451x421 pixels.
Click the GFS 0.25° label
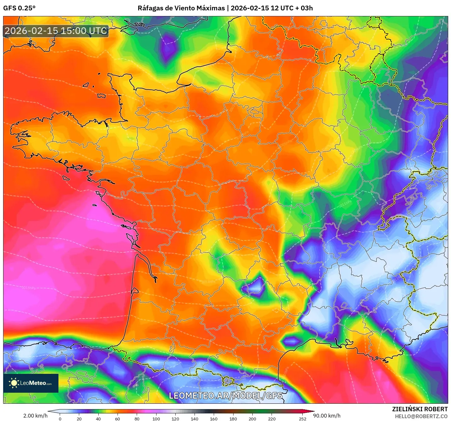(x=19, y=8)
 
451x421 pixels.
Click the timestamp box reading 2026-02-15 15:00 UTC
(x=56, y=31)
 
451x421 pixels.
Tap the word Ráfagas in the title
(x=149, y=8)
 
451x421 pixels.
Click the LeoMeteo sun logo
(x=14, y=383)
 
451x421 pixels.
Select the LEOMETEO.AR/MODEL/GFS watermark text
(x=225, y=396)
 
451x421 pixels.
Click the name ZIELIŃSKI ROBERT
(x=420, y=409)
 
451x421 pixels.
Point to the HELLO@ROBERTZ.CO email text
(x=421, y=416)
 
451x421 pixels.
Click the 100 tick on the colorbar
(x=156, y=418)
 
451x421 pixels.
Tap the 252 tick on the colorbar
(x=302, y=418)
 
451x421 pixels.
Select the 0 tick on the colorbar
(x=60, y=418)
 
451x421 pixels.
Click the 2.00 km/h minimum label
(x=35, y=416)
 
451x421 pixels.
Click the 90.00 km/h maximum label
(x=327, y=416)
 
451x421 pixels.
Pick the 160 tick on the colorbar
(x=214, y=418)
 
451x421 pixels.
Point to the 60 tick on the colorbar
(x=118, y=418)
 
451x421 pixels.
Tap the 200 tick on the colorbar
(x=252, y=418)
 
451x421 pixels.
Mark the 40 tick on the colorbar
(x=98, y=418)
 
